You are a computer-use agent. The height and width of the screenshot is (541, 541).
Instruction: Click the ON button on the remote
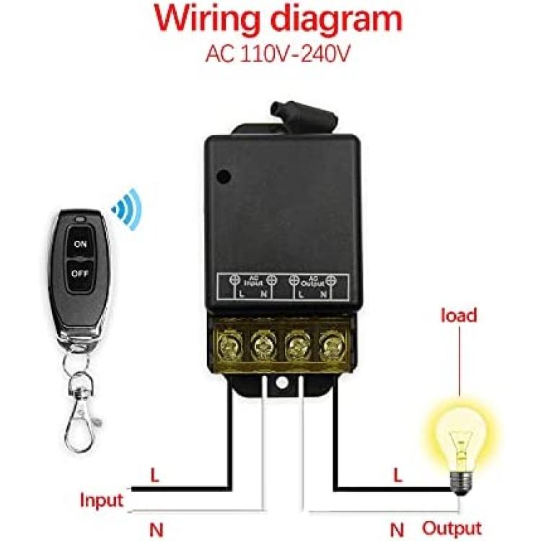pyautogui.click(x=80, y=245)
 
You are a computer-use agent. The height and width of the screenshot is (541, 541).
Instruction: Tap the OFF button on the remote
pyautogui.click(x=79, y=273)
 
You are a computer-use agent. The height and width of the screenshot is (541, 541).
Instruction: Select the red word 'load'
pyautogui.click(x=459, y=315)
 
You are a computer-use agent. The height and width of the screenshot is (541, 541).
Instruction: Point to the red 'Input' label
pyautogui.click(x=102, y=499)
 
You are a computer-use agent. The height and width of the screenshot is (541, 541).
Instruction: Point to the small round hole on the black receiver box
pyautogui.click(x=225, y=175)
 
